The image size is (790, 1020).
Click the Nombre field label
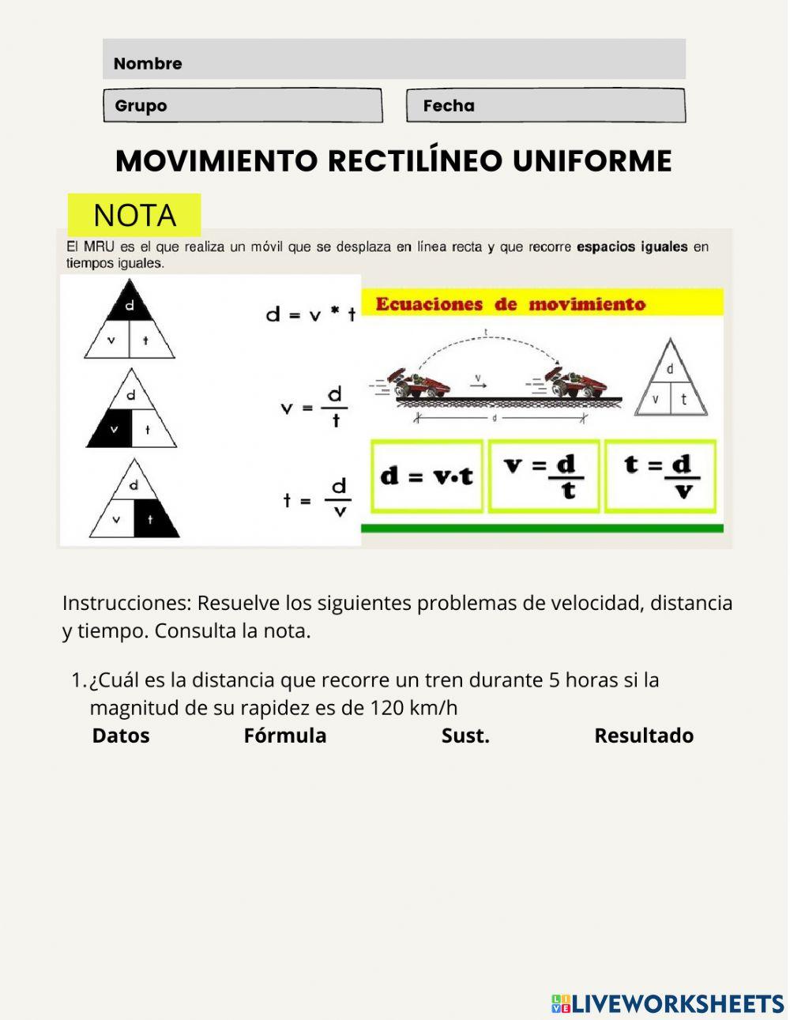148,63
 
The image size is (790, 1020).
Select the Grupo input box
243,106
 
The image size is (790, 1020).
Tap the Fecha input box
545,106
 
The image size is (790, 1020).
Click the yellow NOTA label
134,215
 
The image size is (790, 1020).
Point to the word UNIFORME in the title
592,161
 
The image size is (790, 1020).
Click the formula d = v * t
310,314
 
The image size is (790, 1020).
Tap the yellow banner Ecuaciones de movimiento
542,303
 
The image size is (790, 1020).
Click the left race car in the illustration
419,383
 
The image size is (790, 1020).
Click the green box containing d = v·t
427,476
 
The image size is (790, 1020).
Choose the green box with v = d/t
544,476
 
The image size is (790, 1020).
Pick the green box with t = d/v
660,476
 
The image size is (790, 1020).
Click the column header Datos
121,736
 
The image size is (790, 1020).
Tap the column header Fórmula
284,736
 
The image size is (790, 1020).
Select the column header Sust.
465,736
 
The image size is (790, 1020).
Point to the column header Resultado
644,736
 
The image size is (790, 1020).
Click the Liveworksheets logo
668,1003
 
